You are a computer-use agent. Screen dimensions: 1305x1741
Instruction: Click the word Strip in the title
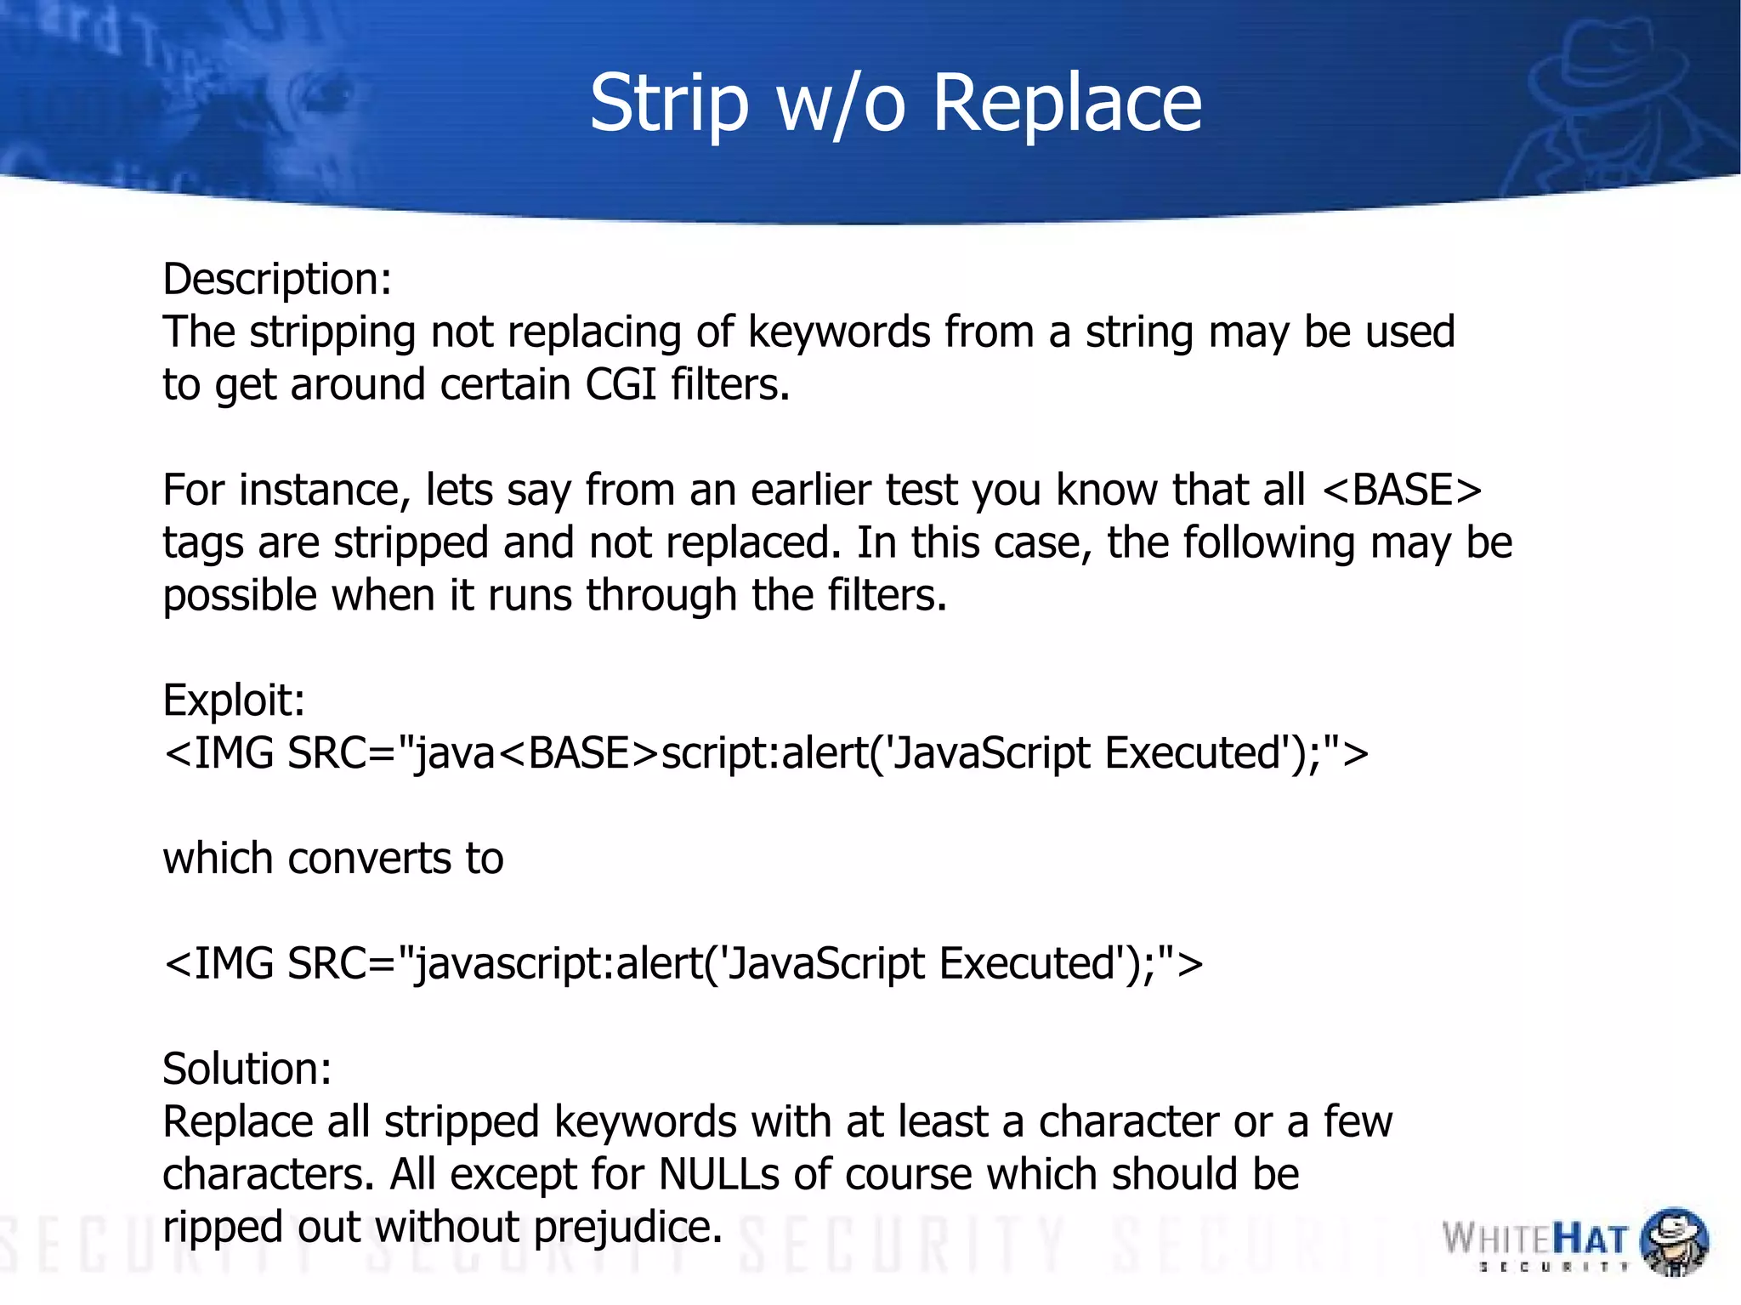click(669, 104)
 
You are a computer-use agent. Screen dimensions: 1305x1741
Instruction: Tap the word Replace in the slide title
click(1067, 104)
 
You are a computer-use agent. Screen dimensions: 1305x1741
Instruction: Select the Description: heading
click(277, 279)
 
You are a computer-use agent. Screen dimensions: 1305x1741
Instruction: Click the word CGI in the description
click(621, 384)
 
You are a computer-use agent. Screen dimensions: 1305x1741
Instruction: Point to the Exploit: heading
click(234, 701)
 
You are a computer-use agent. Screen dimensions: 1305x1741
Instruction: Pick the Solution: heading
click(247, 1069)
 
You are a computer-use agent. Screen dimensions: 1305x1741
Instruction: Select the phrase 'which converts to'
click(333, 858)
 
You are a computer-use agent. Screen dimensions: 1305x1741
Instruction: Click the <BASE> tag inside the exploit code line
click(578, 753)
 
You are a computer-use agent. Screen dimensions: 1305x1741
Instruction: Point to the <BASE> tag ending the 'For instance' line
click(1403, 491)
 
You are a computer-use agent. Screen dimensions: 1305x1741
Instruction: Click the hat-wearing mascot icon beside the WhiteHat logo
click(1673, 1240)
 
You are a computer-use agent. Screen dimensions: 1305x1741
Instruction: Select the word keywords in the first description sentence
click(839, 332)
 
